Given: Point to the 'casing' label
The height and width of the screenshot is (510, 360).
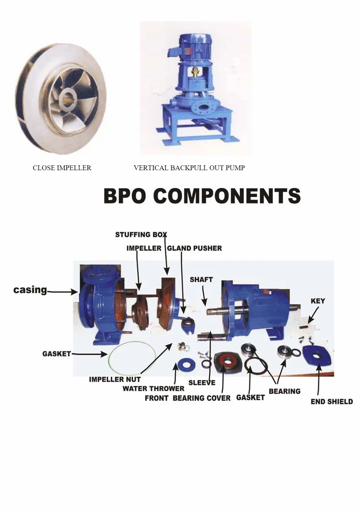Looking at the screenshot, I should tap(30, 290).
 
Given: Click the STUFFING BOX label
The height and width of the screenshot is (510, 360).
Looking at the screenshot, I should tap(141, 235).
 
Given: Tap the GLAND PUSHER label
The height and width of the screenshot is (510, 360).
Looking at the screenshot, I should tap(194, 248).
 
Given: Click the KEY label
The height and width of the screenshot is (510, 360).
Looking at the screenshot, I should tap(318, 301).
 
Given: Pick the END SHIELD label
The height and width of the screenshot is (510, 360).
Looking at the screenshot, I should tap(331, 401).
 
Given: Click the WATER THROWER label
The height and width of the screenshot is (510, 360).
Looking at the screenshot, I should tap(153, 389).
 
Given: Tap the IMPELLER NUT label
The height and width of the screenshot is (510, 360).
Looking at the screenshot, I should tap(115, 379).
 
